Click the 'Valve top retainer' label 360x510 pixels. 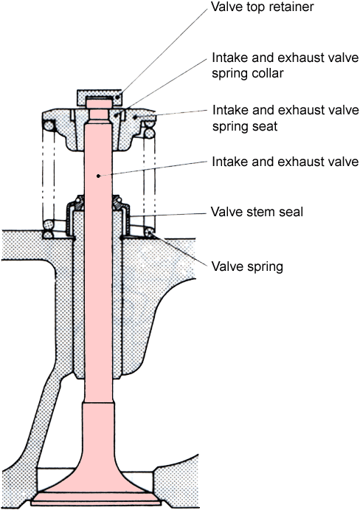[262, 7]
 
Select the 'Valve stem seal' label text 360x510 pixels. [257, 212]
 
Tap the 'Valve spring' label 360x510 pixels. [247, 266]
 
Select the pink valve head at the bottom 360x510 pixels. [96, 497]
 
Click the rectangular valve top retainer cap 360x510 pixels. [99, 97]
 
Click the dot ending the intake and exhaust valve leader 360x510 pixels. [98, 176]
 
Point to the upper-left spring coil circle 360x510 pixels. [49, 125]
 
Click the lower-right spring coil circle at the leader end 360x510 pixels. [150, 232]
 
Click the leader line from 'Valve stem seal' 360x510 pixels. [167, 215]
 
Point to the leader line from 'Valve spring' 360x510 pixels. [179, 249]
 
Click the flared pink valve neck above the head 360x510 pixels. [97, 446]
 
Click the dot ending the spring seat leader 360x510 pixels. [134, 117]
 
